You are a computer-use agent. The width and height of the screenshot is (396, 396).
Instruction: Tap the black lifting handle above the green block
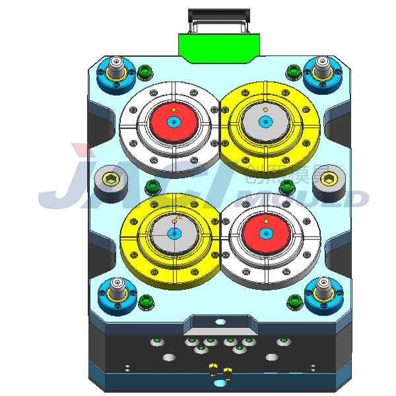coord(220,14)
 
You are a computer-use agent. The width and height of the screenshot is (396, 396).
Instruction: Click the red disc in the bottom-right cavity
coord(265,234)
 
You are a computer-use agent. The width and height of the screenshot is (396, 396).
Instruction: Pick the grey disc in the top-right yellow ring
coord(265,121)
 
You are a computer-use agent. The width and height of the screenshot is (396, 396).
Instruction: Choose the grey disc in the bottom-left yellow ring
coord(174,233)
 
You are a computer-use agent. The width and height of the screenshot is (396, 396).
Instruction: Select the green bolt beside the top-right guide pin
coord(292,71)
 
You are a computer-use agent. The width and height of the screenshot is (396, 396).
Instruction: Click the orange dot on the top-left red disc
coord(173,110)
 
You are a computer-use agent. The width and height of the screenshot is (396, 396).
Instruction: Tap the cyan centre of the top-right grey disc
coord(265,121)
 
